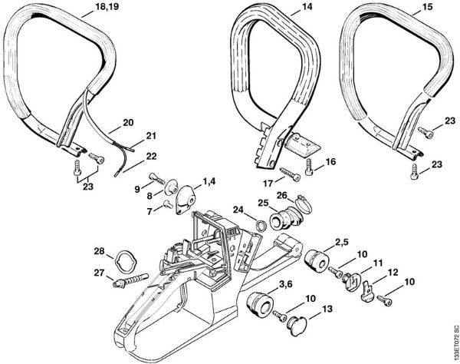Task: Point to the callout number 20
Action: [x=127, y=121]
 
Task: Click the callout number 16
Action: [x=330, y=162]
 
